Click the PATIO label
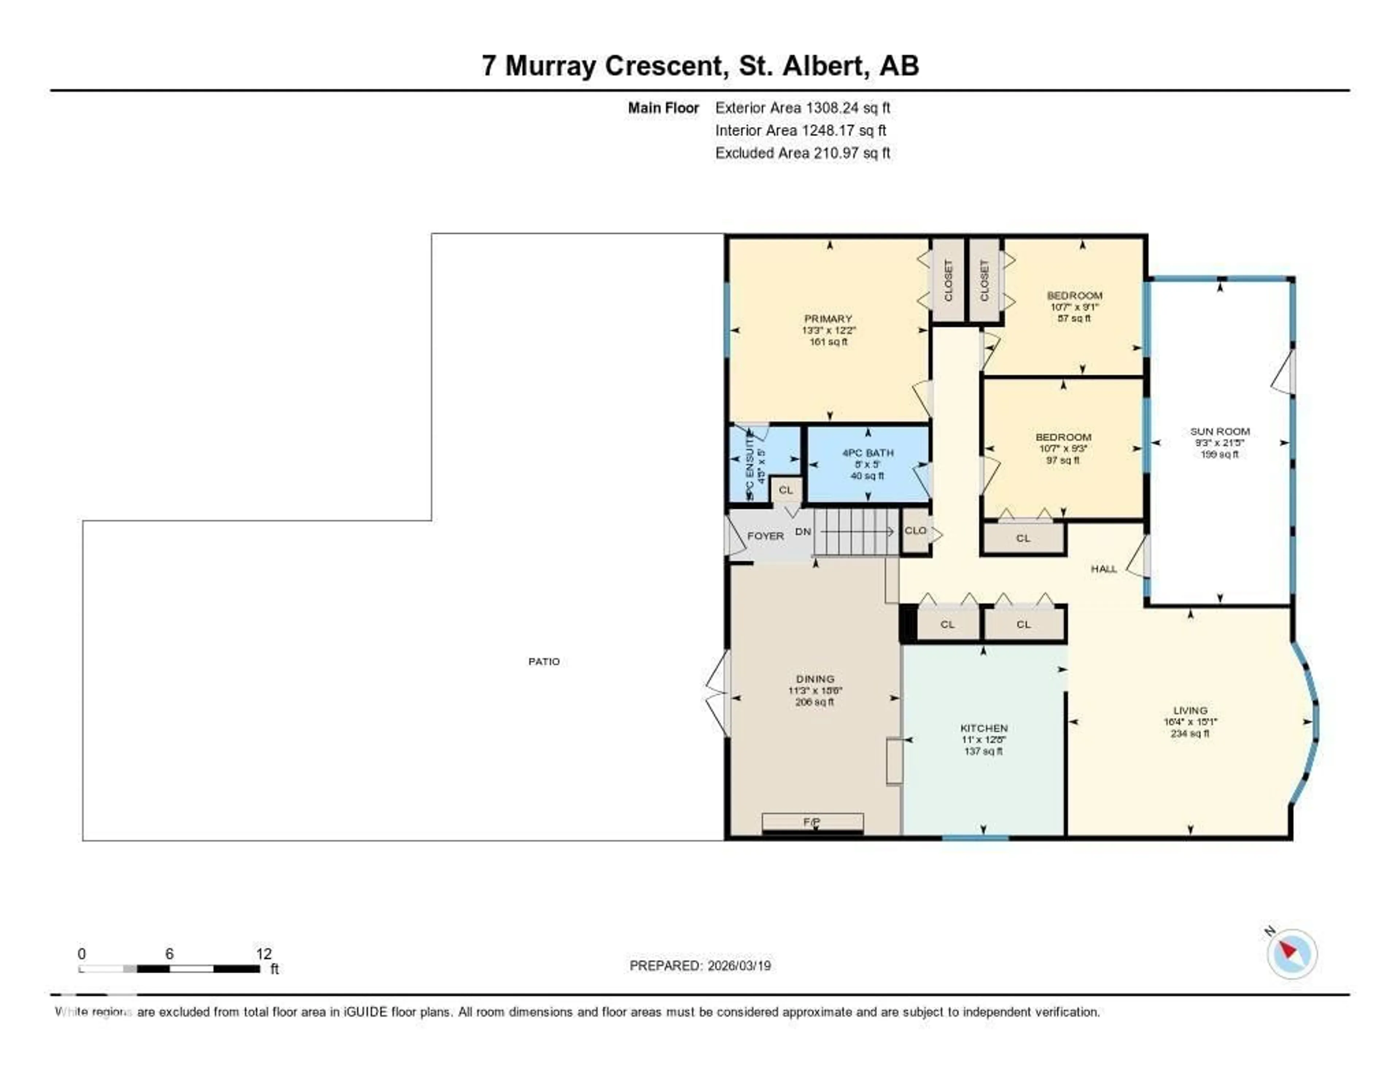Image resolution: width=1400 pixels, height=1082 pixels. click(544, 661)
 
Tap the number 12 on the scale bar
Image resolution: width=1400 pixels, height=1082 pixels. click(264, 954)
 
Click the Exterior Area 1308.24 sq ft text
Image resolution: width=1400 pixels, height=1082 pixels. click(802, 108)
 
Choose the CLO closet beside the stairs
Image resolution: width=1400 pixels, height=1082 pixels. click(915, 530)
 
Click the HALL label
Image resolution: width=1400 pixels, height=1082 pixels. click(1104, 569)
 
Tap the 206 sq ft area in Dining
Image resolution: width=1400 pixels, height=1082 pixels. click(815, 702)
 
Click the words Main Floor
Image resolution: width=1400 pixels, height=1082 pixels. click(663, 108)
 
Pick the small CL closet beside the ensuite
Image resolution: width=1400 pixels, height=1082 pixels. click(786, 490)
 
